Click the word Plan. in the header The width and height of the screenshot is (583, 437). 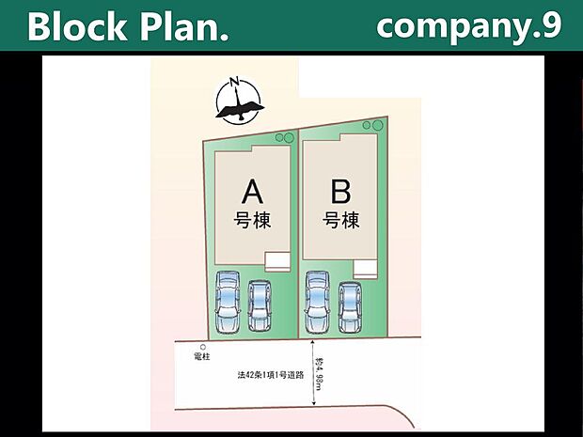pyautogui.click(x=181, y=27)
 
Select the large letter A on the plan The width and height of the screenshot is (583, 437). pyautogui.click(x=252, y=193)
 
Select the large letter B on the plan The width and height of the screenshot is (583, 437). pyautogui.click(x=341, y=193)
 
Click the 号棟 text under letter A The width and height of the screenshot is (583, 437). pyautogui.click(x=252, y=222)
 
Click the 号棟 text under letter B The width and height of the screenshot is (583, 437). pyautogui.click(x=341, y=222)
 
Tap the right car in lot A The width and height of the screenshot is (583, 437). pyautogui.click(x=260, y=304)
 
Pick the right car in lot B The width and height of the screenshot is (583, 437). pyautogui.click(x=350, y=304)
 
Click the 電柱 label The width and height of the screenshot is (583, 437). pyautogui.click(x=202, y=358)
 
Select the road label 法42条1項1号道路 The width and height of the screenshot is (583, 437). pyautogui.click(x=270, y=375)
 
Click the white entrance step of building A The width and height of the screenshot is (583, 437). pyautogui.click(x=277, y=261)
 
